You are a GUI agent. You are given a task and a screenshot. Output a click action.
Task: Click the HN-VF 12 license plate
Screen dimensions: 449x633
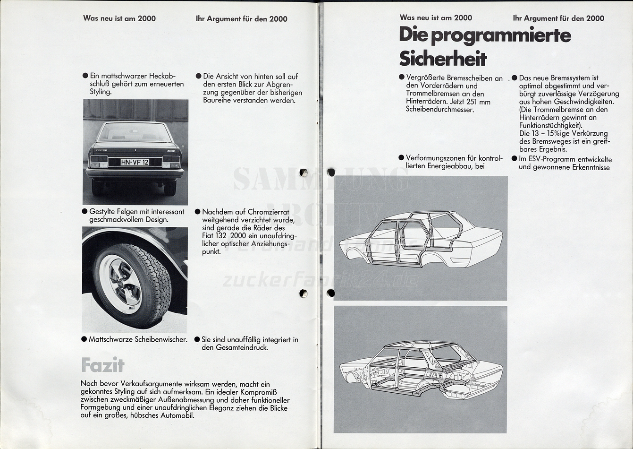[x=135, y=162]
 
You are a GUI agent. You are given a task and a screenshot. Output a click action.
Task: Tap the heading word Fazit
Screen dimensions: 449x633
[x=102, y=365]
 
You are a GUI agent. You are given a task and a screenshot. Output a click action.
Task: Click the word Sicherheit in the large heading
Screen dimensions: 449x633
[x=443, y=59]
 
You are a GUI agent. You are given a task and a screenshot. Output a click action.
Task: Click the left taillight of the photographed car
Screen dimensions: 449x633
[x=99, y=162]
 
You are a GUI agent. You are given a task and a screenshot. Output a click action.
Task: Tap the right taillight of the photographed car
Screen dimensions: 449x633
[x=171, y=162]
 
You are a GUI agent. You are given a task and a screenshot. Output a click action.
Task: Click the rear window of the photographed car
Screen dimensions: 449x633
[x=135, y=132]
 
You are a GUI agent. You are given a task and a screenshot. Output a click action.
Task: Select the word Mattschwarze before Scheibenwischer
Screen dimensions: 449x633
[x=111, y=339]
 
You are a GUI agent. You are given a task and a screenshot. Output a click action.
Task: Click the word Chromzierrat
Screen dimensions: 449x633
[x=269, y=212]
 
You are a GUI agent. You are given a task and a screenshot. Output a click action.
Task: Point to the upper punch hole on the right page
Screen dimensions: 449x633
[x=331, y=172]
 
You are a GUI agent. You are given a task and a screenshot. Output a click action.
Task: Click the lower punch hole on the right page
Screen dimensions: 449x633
[x=331, y=293]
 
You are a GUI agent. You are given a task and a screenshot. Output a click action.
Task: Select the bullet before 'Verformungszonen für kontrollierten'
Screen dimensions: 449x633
[x=401, y=158]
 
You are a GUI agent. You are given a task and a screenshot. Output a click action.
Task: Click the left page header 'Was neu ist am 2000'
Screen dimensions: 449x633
[x=119, y=18]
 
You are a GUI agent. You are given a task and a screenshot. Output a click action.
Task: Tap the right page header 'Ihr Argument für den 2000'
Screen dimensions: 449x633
[x=558, y=18]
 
